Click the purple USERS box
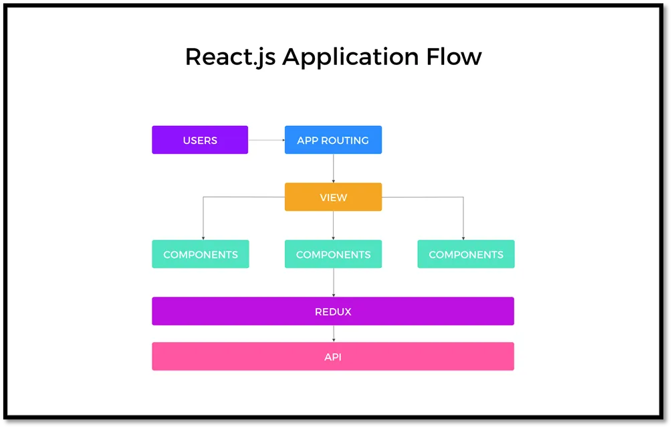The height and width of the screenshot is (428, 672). [200, 140]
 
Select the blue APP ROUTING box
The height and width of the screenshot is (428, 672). [333, 140]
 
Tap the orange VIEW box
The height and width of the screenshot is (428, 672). [333, 197]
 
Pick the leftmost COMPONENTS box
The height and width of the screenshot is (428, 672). [200, 254]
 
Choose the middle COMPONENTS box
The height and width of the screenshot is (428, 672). [333, 254]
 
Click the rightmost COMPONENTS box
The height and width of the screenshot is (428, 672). [466, 254]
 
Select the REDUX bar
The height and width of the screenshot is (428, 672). [333, 311]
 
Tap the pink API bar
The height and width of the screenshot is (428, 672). [333, 356]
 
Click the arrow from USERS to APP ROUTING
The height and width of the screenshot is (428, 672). [267, 140]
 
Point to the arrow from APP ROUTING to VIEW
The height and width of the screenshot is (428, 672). [334, 168]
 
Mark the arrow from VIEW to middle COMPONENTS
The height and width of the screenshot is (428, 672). [334, 225]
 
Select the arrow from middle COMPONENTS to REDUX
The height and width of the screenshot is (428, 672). [334, 283]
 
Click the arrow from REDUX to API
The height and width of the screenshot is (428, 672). [334, 334]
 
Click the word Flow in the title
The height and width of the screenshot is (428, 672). [454, 57]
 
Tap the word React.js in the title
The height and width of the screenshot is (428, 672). [230, 58]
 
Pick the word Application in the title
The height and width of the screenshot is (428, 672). [350, 58]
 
